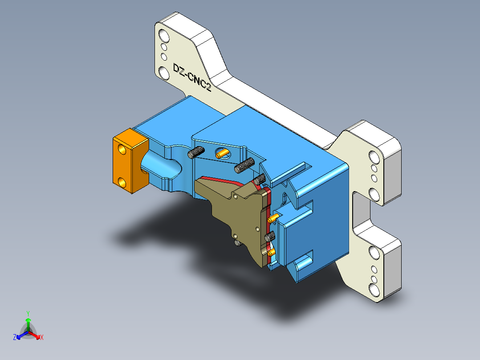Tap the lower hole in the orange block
point(122,181)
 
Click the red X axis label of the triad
point(42,338)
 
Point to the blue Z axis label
point(15,337)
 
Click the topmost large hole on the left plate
point(163,35)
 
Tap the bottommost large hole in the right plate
point(374,290)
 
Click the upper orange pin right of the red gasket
point(273,217)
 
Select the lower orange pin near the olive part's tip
point(271,253)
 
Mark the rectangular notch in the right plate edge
point(361,209)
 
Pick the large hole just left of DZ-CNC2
point(164,72)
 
